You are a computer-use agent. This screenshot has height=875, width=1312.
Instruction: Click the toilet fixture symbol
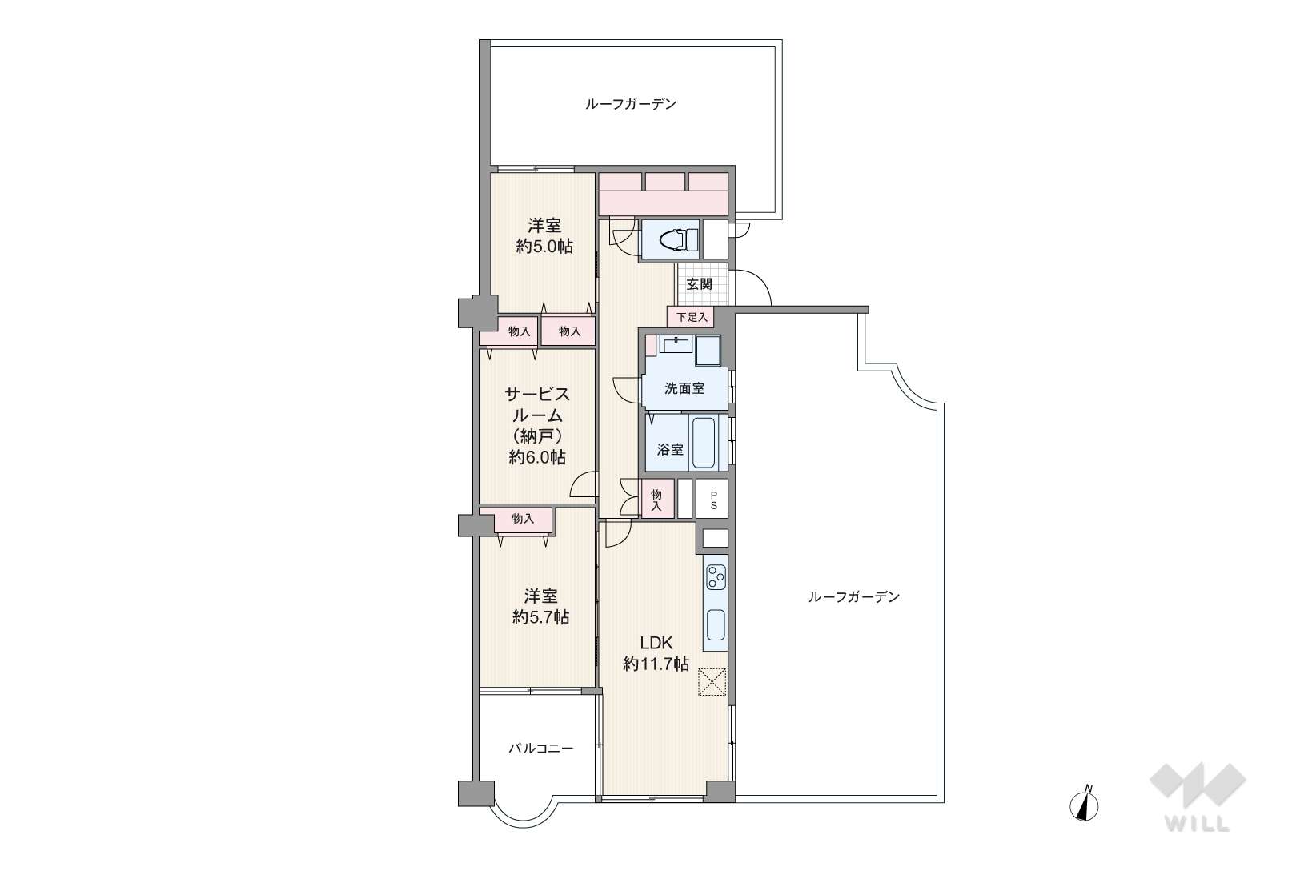point(677,239)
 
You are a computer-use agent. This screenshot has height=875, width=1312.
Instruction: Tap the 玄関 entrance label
point(700,284)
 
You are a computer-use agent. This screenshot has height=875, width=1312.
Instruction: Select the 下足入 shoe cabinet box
point(691,318)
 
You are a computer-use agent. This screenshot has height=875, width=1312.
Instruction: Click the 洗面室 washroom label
point(684,388)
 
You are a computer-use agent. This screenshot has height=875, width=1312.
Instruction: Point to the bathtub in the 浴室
point(704,442)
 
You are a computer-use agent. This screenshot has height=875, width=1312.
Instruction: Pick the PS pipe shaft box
point(712,499)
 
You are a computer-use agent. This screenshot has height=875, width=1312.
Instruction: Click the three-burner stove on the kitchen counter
point(716,576)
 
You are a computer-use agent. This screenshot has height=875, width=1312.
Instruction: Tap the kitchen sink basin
point(716,625)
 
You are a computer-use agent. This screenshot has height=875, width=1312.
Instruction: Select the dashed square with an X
point(712,682)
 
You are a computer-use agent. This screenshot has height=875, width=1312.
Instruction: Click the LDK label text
point(656,643)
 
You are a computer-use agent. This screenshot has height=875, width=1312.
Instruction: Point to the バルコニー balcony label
point(540,749)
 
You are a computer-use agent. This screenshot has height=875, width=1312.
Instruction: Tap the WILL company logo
point(1198,797)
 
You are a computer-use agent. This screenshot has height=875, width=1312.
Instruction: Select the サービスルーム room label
point(537,405)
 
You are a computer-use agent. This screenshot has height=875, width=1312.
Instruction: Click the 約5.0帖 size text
point(544,246)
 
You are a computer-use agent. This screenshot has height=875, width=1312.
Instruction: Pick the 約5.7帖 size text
point(540,617)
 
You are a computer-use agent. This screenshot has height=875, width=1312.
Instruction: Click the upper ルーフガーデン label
point(631,104)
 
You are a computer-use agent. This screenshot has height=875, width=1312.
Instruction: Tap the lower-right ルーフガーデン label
point(853,597)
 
